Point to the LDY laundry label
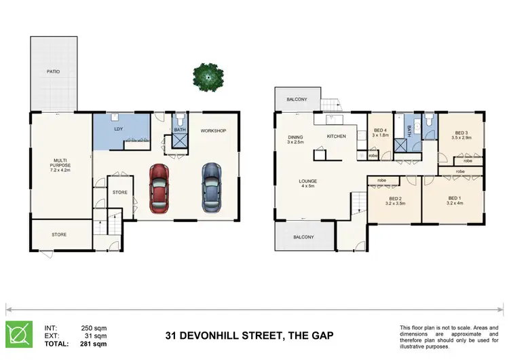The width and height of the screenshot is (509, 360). point(118,128)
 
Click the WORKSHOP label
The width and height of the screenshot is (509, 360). point(213,130)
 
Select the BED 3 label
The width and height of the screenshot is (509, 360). point(461,133)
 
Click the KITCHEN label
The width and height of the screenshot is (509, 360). point(337,137)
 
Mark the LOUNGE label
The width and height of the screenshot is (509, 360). point(308,181)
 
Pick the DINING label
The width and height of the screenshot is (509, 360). point(295,137)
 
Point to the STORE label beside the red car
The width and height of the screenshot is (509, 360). point(120,192)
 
